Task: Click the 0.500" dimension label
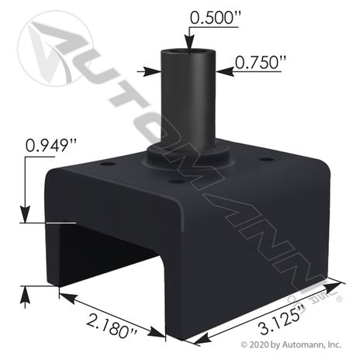(215, 18)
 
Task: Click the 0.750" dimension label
(257, 63)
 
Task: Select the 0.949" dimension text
(51, 146)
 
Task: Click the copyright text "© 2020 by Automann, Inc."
(291, 344)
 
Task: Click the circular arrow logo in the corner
(55, 48)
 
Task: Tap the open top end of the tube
(189, 52)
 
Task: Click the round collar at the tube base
(189, 156)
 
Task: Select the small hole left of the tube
(108, 164)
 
